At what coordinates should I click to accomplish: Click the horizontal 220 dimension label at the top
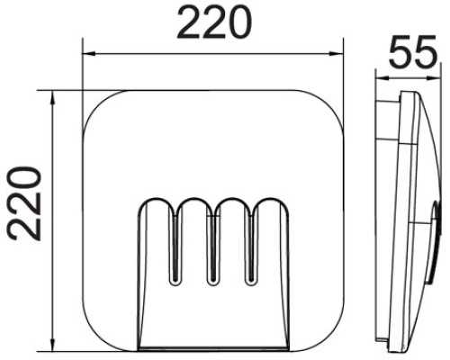click(212, 23)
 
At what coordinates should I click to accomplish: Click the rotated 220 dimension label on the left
click(24, 202)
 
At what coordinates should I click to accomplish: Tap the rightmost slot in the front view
click(251, 243)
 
